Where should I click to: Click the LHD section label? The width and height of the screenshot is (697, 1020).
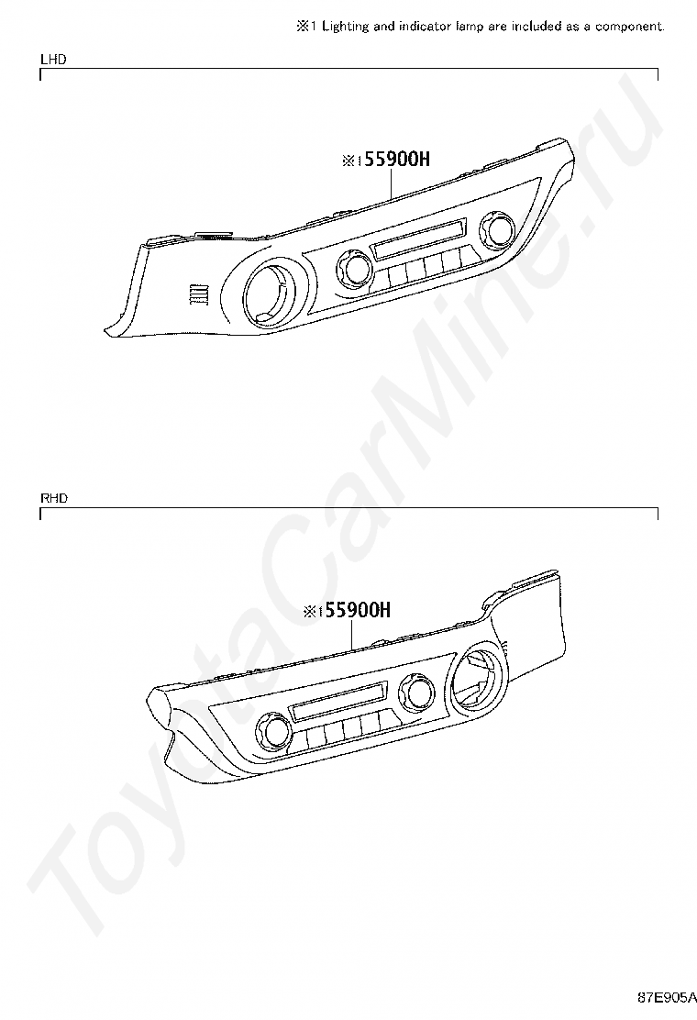coord(53,60)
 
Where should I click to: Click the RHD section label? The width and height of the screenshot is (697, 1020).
coord(54,498)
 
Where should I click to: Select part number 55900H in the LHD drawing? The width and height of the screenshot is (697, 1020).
coord(396,160)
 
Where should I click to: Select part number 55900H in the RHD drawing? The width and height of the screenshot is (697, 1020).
coord(358,610)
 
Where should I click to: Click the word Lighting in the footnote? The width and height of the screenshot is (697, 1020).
coord(345,27)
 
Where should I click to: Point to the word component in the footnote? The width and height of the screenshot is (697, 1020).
coord(630,27)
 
